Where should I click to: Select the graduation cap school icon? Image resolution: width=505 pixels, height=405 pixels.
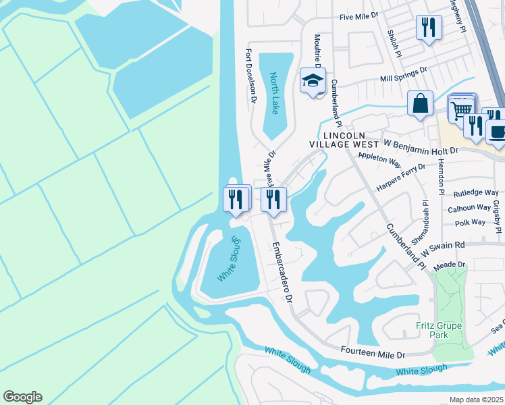point(313,81)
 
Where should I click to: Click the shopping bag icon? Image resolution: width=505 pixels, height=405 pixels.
point(420,104)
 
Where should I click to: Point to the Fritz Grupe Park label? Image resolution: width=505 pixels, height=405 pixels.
point(439,330)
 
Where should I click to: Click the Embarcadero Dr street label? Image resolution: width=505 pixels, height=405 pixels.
point(282,271)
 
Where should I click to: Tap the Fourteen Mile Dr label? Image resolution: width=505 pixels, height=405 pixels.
point(372,353)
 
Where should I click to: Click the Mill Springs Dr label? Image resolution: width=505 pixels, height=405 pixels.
point(404,74)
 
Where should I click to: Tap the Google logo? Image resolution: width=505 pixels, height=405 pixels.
point(22,396)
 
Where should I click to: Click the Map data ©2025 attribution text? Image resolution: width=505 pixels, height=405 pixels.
point(476,400)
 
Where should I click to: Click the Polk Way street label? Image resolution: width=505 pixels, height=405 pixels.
point(471,222)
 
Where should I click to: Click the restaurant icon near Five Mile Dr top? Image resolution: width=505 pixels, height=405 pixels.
point(428,28)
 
